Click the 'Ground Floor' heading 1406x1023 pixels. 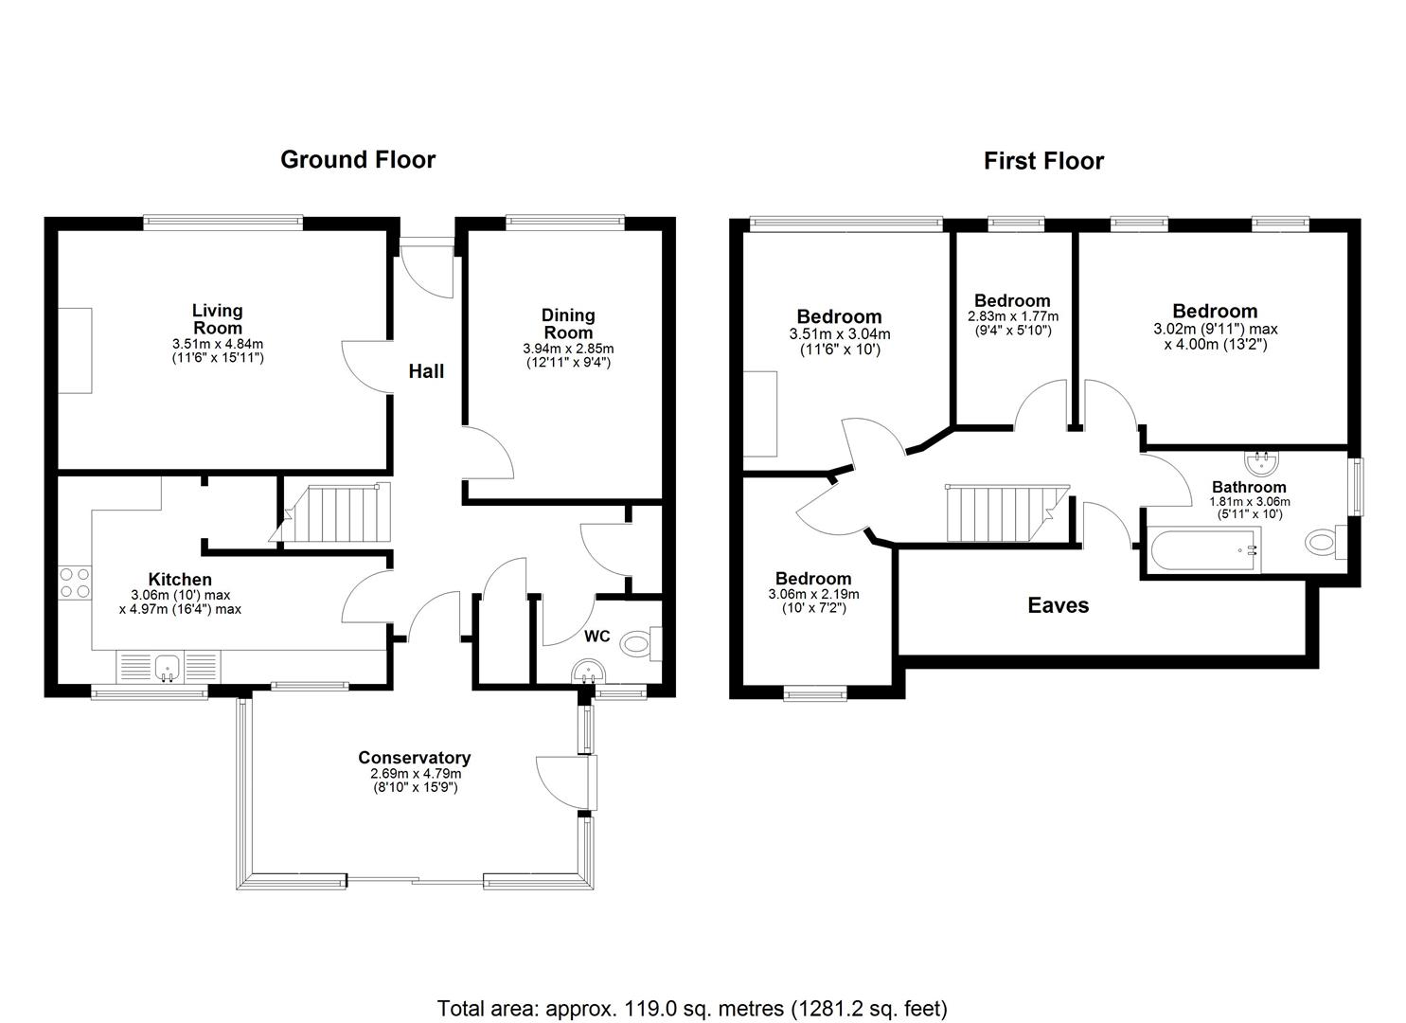[358, 160]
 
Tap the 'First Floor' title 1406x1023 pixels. [1043, 161]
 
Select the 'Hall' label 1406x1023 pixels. [426, 371]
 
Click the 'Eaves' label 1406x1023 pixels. [1059, 605]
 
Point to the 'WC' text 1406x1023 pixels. [596, 637]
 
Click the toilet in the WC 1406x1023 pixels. [641, 644]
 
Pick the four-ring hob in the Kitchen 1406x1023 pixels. [75, 583]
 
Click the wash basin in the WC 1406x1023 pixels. [588, 671]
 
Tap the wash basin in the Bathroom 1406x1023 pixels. [1262, 463]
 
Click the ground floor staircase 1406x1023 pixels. [330, 512]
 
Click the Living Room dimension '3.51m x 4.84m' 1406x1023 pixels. [218, 344]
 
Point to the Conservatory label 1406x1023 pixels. [415, 758]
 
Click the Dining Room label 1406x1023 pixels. [568, 324]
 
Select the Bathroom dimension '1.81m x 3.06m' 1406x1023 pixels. [1249, 502]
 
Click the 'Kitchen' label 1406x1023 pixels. [180, 579]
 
